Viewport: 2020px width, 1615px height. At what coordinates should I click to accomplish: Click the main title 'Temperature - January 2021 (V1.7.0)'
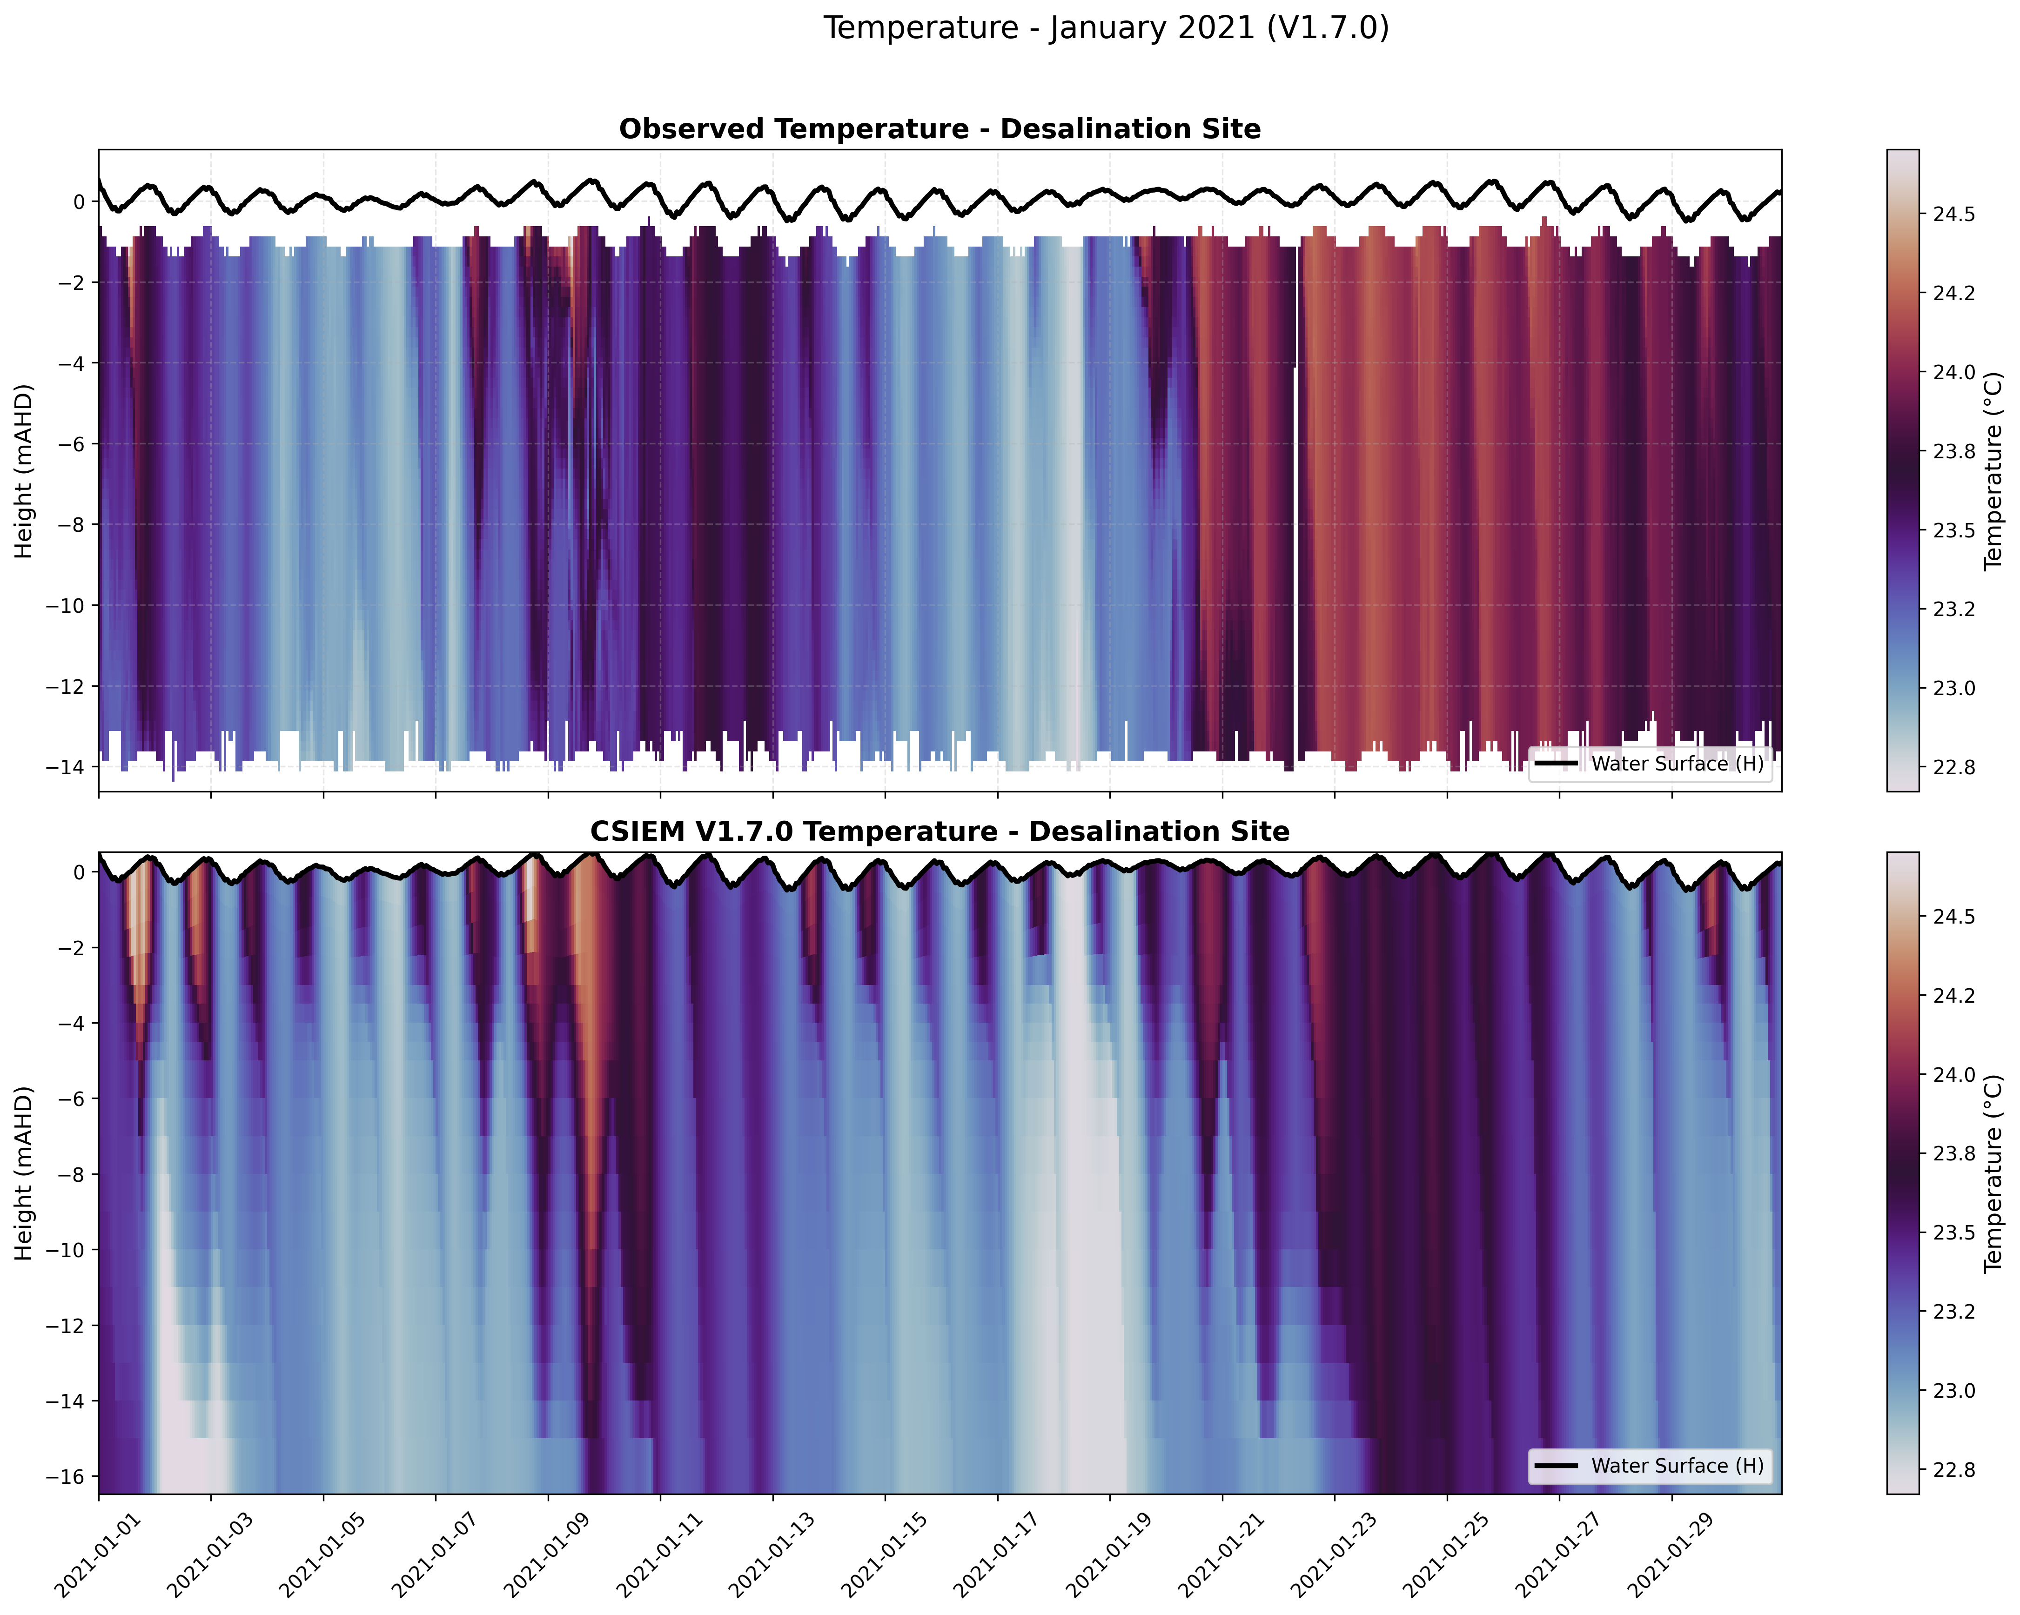click(1106, 28)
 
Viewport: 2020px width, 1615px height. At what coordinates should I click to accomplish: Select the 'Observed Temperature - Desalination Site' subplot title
click(940, 129)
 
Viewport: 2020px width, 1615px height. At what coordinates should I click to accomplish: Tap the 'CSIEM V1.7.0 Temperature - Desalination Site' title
click(940, 832)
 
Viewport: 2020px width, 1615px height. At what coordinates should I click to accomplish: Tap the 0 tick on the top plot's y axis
click(79, 201)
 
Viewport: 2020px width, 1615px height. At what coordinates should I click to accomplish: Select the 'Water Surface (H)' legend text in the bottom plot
click(1677, 1466)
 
